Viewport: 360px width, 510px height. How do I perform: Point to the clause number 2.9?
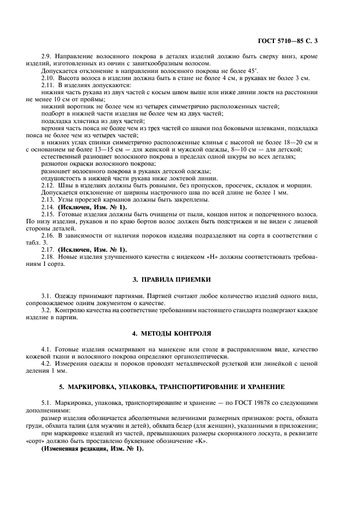[x=47, y=56]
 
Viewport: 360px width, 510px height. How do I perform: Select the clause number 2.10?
[x=49, y=78]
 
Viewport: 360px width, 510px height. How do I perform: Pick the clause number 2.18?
[x=49, y=257]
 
